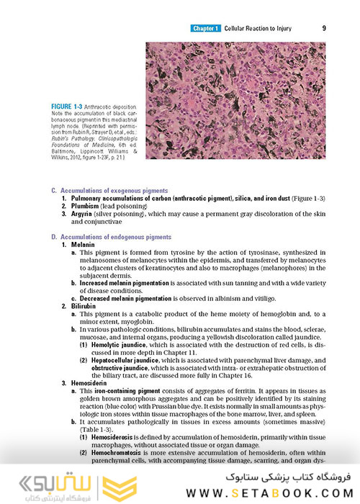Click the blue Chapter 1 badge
[x=205, y=29]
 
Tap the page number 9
[x=325, y=29]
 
